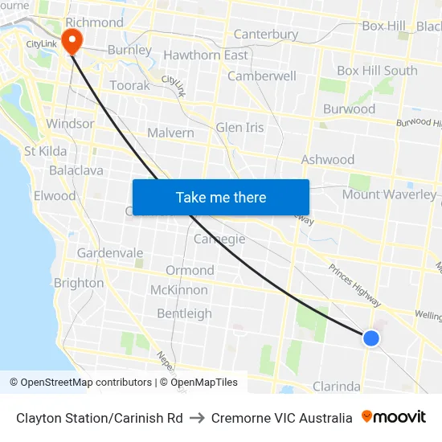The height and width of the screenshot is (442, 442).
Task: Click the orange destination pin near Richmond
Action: (x=72, y=40)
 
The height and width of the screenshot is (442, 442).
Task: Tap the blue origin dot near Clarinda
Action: (x=370, y=338)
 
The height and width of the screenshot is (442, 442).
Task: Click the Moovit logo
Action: (x=394, y=417)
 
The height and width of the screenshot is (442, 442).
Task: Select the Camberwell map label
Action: (x=262, y=76)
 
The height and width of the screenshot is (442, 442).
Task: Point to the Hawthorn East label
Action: (x=206, y=55)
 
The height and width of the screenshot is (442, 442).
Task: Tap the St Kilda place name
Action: (x=46, y=151)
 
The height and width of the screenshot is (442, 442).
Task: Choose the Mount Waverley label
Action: (x=389, y=194)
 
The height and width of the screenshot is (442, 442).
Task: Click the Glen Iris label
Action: (x=239, y=128)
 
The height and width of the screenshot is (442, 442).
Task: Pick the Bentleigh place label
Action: (x=184, y=313)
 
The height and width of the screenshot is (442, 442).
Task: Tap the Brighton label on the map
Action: (x=79, y=283)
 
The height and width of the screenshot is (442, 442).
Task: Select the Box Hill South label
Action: (x=377, y=71)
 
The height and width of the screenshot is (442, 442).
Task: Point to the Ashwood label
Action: (x=327, y=160)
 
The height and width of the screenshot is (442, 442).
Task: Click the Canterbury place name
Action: (x=265, y=35)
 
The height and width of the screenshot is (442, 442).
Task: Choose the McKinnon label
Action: (x=179, y=290)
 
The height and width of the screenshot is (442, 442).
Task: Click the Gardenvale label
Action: (x=110, y=253)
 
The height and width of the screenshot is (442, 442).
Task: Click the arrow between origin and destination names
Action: (x=197, y=418)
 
